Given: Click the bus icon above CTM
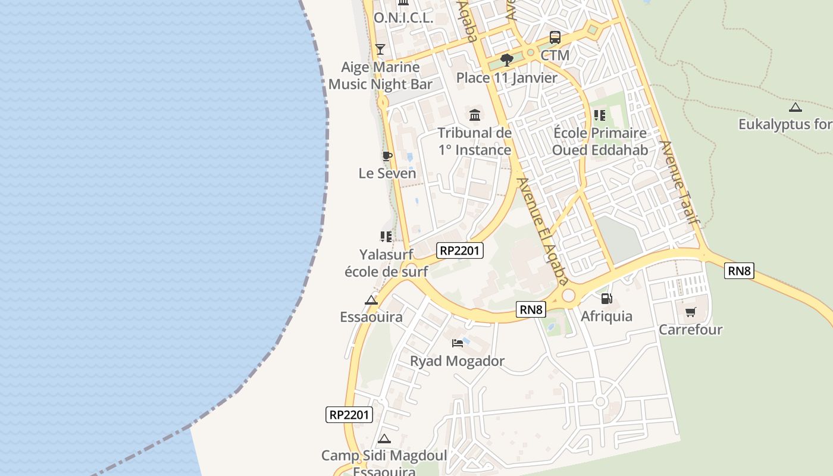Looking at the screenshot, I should point(555,37).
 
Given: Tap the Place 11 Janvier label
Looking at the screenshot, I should point(507,78).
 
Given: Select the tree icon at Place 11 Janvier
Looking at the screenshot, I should point(507,59).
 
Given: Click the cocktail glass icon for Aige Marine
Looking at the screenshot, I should point(380,49).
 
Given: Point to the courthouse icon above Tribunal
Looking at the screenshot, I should point(475,115).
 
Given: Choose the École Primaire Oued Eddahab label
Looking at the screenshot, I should point(599,141).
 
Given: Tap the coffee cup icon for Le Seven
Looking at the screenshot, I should point(387,156).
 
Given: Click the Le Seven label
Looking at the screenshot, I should point(387,174).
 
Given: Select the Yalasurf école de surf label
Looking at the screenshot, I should point(386,263).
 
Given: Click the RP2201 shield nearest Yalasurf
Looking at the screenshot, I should point(459,250).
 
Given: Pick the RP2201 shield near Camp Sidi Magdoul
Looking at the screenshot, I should point(349,415).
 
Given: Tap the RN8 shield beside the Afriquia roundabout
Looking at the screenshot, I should point(531,309).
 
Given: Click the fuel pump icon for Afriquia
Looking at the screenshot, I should point(606,299).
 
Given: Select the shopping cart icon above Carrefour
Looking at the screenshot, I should point(690,312).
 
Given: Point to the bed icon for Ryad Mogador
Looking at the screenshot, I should point(458,343).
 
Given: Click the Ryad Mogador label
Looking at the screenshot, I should point(457,361).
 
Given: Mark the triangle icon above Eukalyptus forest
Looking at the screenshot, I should point(795,108).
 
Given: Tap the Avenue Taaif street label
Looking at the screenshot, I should point(679,183).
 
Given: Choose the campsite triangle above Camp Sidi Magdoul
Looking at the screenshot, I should point(384,439).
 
